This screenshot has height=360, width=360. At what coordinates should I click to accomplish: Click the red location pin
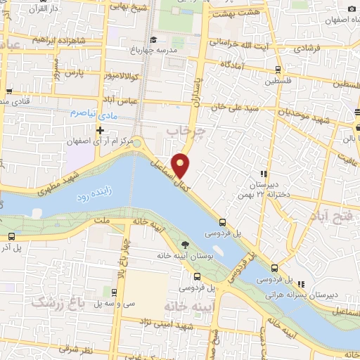(182, 165)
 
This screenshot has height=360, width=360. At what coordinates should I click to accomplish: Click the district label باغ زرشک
(52, 302)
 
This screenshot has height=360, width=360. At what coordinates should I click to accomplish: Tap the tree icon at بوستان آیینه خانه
(185, 245)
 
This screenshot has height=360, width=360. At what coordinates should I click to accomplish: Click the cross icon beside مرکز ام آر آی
(101, 130)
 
